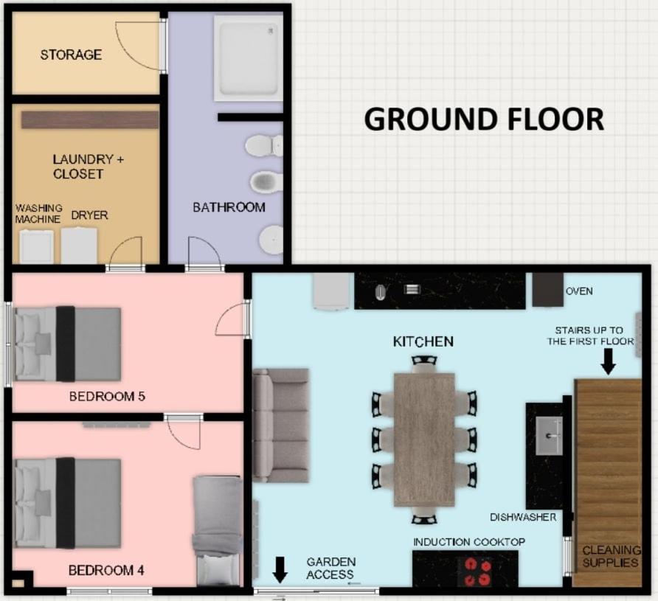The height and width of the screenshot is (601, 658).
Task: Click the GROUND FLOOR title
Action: click(484, 119)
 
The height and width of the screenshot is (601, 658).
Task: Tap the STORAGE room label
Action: click(71, 55)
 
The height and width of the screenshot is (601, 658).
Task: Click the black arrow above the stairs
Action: click(608, 362)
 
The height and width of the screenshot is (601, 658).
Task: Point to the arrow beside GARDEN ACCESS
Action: click(280, 570)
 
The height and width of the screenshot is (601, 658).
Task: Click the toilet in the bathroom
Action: click(264, 146)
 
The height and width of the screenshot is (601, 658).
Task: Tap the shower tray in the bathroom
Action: click(248, 58)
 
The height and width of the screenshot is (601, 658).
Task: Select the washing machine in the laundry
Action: click(36, 246)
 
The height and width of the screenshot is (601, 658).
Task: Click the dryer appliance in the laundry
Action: click(80, 246)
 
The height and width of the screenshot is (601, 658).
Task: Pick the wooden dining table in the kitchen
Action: click(424, 440)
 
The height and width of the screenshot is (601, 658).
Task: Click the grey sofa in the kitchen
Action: click(281, 425)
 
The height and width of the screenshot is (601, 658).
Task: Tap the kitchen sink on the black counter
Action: click(549, 436)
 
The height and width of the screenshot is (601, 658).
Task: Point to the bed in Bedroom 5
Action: click(67, 344)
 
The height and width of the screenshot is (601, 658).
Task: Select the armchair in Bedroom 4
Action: click(218, 531)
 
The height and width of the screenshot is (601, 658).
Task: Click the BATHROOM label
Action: click(229, 207)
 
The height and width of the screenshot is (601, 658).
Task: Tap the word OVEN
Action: click(579, 291)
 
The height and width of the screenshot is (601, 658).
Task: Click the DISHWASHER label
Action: click(523, 517)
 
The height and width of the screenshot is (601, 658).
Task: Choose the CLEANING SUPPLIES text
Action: click(612, 556)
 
